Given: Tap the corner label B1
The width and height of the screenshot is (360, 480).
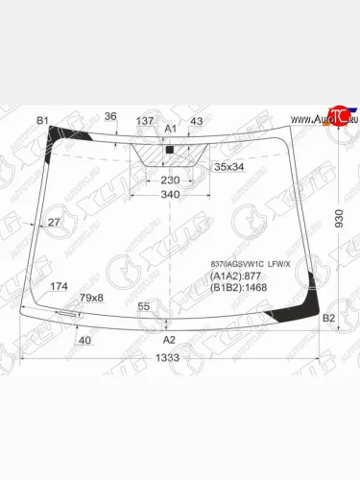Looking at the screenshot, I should point(42,120).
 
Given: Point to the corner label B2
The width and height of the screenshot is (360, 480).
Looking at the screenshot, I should point(327,318).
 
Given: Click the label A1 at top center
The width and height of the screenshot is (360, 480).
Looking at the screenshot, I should point(171,129).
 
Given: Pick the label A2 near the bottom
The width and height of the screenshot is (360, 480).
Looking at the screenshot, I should point(169,340).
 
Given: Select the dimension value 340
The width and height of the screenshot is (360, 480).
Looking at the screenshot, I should point(169,196).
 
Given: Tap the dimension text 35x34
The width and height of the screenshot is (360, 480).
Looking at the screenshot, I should point(228,166).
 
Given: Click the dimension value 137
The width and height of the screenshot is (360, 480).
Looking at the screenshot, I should point(145,120).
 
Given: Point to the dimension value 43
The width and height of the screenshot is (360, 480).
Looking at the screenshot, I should point(196,120).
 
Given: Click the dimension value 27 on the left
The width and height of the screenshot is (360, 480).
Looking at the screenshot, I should point(54,223).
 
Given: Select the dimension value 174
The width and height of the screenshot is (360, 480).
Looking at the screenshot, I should point(59,286).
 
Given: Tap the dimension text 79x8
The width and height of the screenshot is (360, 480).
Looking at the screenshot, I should point(91,299).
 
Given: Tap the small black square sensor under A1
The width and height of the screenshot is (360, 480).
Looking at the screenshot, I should point(169,151).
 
